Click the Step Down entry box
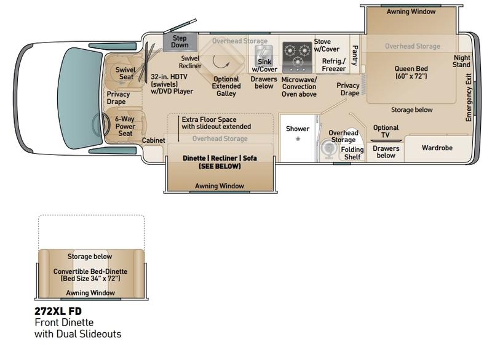(180, 42)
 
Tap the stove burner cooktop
(297, 57)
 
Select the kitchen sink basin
(264, 55)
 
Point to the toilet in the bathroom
(328, 148)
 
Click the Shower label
(298, 129)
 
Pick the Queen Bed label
(411, 72)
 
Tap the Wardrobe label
(437, 148)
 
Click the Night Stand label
(462, 61)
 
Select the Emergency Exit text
(469, 97)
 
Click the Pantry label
(355, 55)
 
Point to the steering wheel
(100, 124)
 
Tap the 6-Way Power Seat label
(125, 126)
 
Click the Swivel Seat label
(125, 73)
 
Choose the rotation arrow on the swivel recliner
(221, 62)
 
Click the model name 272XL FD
(58, 311)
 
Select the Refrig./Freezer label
(333, 65)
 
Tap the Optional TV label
(386, 131)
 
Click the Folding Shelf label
(352, 153)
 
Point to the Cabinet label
(153, 140)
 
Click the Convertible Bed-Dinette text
(90, 271)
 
